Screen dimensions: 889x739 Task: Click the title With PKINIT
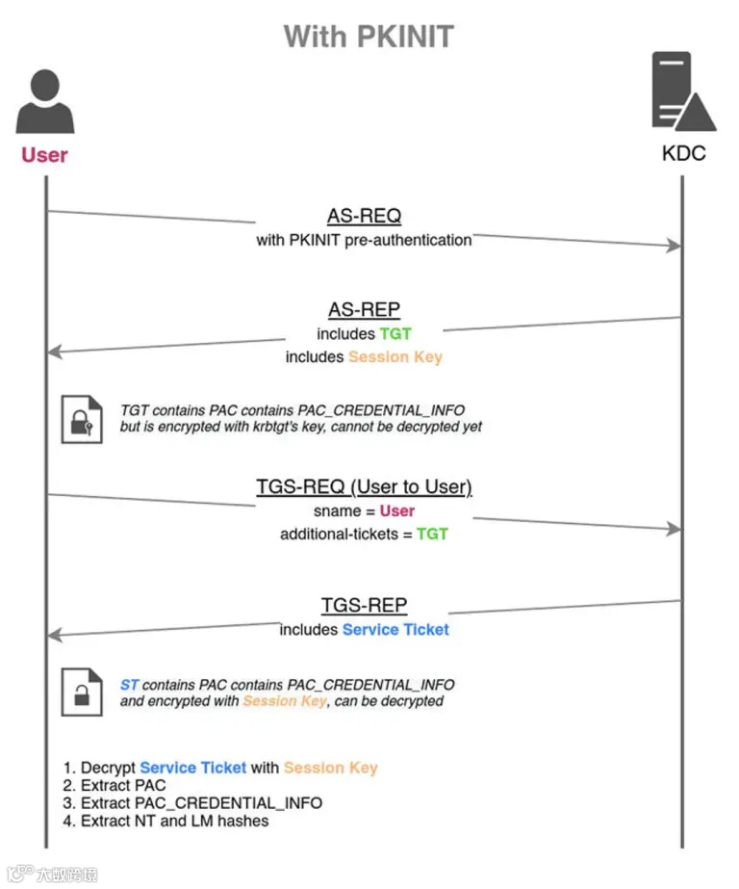coord(369,37)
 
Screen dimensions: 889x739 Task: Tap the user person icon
coord(44,103)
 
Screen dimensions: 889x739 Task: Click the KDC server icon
coord(682,92)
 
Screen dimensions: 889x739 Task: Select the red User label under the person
coord(44,154)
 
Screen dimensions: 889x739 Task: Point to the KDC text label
coord(683,153)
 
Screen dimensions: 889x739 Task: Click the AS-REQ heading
coord(364,215)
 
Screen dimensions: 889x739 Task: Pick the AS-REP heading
coord(364,309)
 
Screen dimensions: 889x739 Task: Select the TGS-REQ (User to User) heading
coord(364,486)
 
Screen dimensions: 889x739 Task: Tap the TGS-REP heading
coord(364,605)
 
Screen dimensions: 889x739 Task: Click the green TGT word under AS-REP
coord(395,333)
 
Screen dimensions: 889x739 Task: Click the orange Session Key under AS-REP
coord(395,357)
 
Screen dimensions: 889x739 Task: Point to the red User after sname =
coord(396,510)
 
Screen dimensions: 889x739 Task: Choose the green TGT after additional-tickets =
coord(432,534)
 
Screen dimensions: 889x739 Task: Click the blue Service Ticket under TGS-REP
coord(395,629)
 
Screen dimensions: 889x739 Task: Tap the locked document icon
coord(82,419)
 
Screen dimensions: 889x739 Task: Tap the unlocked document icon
coord(82,692)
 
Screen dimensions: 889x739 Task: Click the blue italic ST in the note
coord(129,684)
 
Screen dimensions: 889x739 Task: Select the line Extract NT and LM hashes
coord(166,821)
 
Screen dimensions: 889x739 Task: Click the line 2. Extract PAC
coord(115,785)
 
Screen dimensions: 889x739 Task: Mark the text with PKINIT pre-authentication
coord(364,239)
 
